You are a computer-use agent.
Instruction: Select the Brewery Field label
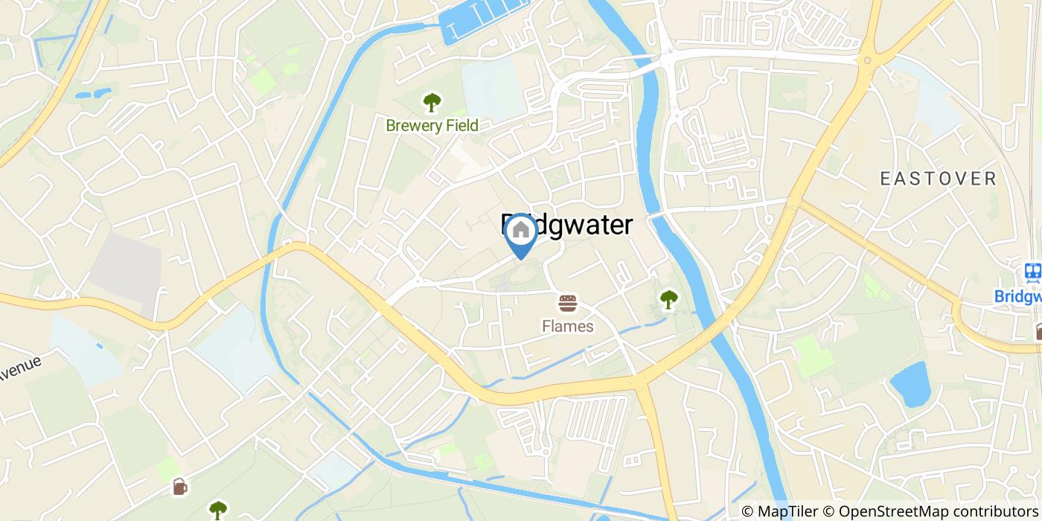432,125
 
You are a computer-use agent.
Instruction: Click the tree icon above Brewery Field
431,102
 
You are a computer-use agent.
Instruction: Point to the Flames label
568,326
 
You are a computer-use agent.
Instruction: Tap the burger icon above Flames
568,304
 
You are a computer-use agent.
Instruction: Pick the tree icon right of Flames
668,299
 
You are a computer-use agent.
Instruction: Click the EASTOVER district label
938,179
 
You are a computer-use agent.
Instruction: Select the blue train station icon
1032,272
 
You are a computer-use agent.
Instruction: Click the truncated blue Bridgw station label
1018,296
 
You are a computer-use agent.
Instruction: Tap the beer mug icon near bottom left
179,487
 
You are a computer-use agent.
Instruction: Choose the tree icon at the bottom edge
217,510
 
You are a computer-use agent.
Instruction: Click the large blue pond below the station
910,383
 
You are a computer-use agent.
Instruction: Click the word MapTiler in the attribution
787,511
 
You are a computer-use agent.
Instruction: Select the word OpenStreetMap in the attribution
886,511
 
